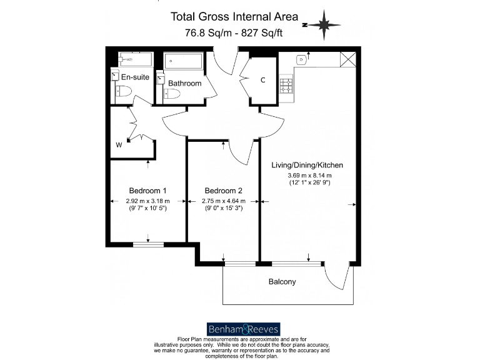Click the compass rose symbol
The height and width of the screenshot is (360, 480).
pos(323,24)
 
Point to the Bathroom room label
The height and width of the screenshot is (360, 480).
pos(184,83)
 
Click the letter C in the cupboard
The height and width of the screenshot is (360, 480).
pos(263,80)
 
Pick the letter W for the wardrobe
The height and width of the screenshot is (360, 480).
pos(119,145)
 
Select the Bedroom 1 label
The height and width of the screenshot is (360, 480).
pos(147,191)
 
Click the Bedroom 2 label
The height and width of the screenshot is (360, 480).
pos(223,191)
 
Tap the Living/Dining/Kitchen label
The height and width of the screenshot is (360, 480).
pos(307,165)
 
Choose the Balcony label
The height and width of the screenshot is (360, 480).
pos(282,282)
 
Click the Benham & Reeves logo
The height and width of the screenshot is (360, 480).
pos(243,329)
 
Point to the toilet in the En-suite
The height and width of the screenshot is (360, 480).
pos(122,93)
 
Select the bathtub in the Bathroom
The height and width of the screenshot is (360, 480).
pos(184,62)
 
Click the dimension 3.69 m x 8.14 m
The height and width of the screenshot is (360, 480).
pos(307,175)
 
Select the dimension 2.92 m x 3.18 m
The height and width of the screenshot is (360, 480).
pos(147,201)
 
